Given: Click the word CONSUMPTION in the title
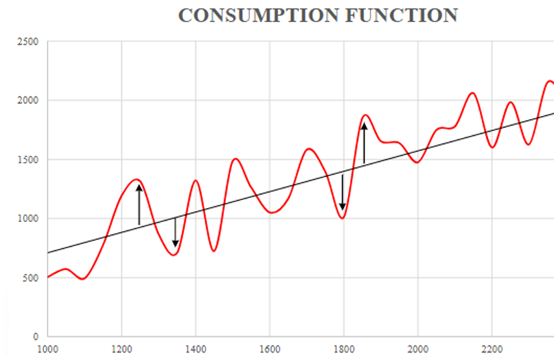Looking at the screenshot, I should (x=256, y=16).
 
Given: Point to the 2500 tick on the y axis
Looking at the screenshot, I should (x=29, y=42).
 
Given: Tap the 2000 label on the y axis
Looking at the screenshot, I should (x=29, y=101).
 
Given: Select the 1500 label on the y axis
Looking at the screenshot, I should (x=29, y=160).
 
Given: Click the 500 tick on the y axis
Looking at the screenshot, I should (x=31, y=278).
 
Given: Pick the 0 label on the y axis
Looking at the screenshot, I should (x=36, y=337).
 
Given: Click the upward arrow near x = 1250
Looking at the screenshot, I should (x=139, y=204).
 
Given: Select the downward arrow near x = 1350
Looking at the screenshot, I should (x=175, y=232).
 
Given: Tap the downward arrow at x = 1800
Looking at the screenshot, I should (x=343, y=193).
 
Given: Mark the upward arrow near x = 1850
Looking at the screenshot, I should (x=364, y=143).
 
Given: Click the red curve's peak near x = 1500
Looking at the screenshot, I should (x=236, y=159).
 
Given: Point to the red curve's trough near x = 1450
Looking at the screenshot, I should (x=213, y=251).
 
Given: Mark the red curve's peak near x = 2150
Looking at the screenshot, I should (x=472, y=93).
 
